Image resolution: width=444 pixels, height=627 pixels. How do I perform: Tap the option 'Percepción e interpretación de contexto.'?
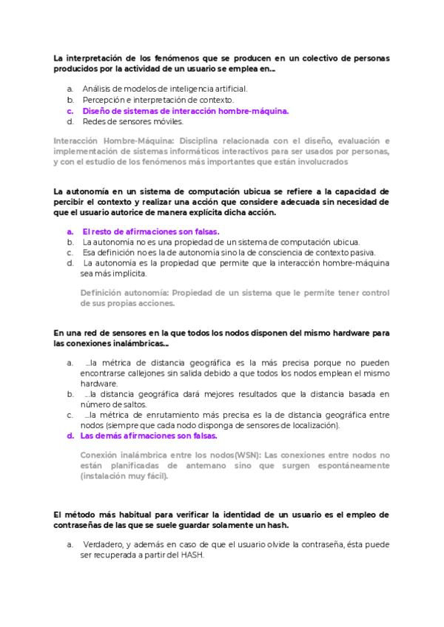[158, 100]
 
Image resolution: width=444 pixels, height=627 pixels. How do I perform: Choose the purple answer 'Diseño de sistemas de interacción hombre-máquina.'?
[185, 111]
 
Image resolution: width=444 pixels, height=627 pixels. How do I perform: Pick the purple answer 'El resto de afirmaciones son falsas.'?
[150, 231]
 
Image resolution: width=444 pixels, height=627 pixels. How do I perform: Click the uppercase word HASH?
[189, 556]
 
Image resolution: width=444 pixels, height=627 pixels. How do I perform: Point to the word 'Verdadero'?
[104, 545]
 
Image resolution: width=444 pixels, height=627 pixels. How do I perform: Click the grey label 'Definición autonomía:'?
[121, 292]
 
